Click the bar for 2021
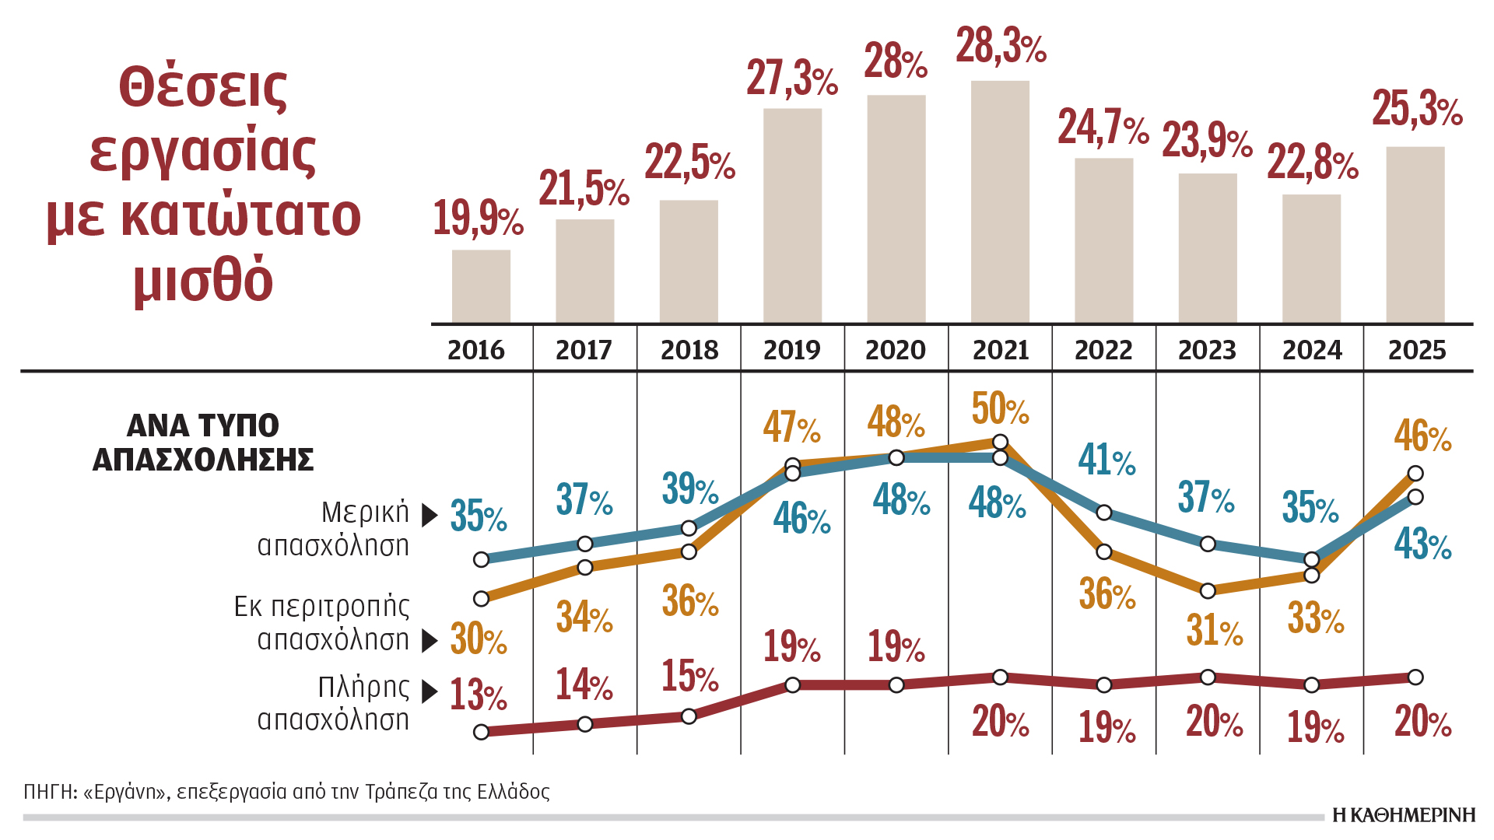(x=1000, y=202)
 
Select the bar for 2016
(x=481, y=286)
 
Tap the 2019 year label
(x=791, y=350)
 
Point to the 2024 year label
(x=1312, y=350)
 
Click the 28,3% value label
(x=1001, y=46)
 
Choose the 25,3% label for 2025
(x=1417, y=109)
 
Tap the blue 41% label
(x=1106, y=460)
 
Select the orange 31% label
(x=1214, y=630)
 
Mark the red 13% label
(x=478, y=695)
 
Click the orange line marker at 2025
(x=1415, y=473)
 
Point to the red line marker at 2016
(x=481, y=732)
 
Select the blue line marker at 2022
(x=1104, y=513)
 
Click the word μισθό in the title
(x=203, y=280)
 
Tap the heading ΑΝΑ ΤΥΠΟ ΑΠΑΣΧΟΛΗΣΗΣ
(x=203, y=443)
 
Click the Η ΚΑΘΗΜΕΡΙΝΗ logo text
(x=1404, y=815)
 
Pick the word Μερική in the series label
(x=365, y=513)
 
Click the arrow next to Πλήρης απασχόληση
(x=430, y=691)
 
